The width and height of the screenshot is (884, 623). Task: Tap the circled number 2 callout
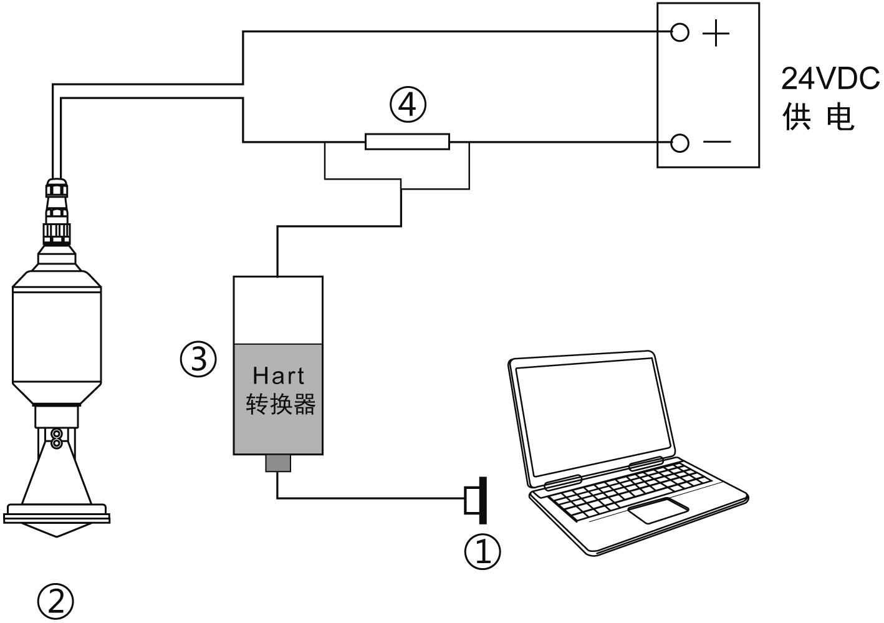(55, 601)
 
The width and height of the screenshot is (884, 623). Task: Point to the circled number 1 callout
(483, 550)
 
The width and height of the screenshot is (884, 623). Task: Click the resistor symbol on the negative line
(407, 142)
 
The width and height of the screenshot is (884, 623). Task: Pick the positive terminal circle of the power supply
(680, 32)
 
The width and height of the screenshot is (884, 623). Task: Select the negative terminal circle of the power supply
(680, 143)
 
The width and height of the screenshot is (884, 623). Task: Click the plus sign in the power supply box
(716, 32)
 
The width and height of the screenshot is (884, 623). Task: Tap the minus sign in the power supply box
(717, 142)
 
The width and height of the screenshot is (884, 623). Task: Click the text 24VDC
(830, 79)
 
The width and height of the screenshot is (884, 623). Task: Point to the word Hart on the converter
(279, 375)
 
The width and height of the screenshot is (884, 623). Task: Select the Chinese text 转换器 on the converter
(281, 403)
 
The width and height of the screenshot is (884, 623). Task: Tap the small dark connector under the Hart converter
(278, 463)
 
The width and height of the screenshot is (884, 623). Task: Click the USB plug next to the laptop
(476, 500)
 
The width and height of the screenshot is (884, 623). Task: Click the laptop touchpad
(658, 510)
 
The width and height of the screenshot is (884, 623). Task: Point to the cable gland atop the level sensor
(57, 209)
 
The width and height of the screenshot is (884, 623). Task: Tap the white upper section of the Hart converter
(278, 309)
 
